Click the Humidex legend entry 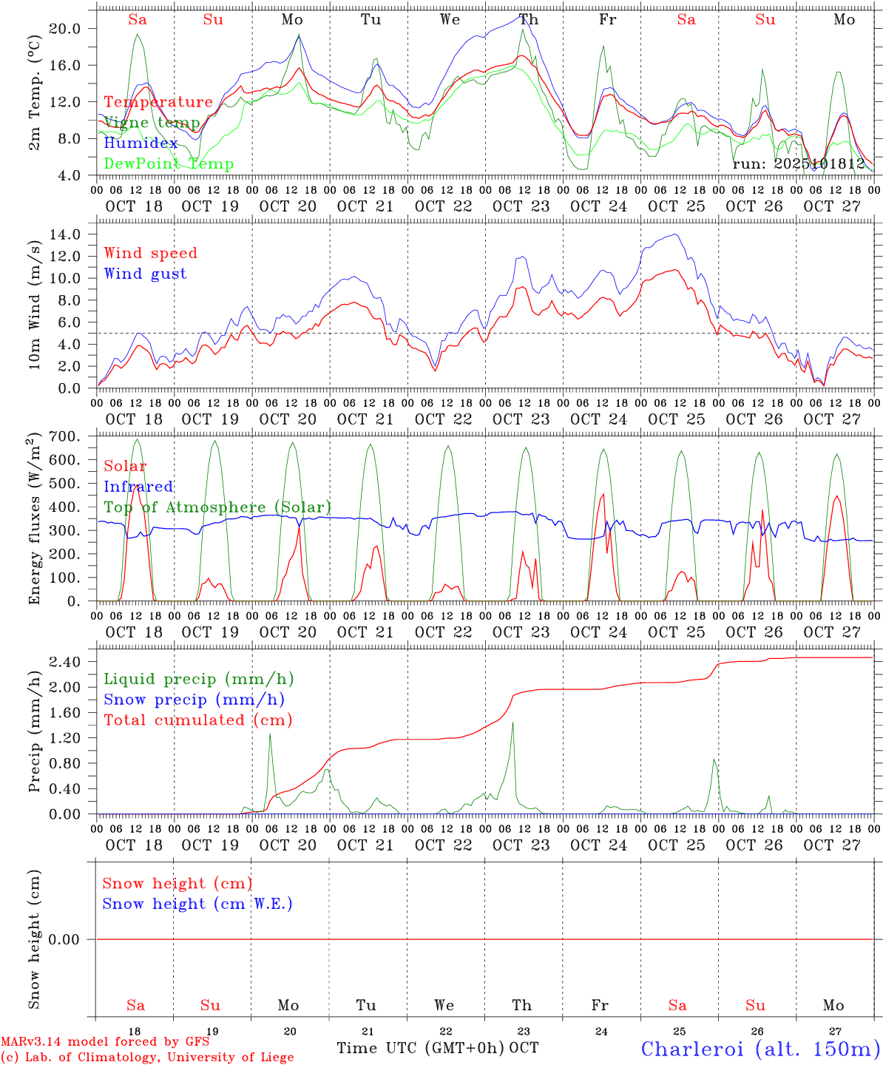pos(141,143)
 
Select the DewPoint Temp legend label pos(169,164)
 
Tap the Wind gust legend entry pos(145,274)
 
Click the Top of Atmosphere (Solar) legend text pos(217,507)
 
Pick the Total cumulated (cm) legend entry pos(198,720)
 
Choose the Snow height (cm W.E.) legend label pos(197,904)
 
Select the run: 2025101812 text pos(799,163)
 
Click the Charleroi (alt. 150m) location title pos(761,1049)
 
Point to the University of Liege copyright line pos(147,1057)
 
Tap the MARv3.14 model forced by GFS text pos(105,1041)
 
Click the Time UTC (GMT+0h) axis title pos(421,1048)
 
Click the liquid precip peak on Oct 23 pos(512,723)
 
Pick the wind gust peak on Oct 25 pos(675,234)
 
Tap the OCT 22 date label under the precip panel pos(443,845)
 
